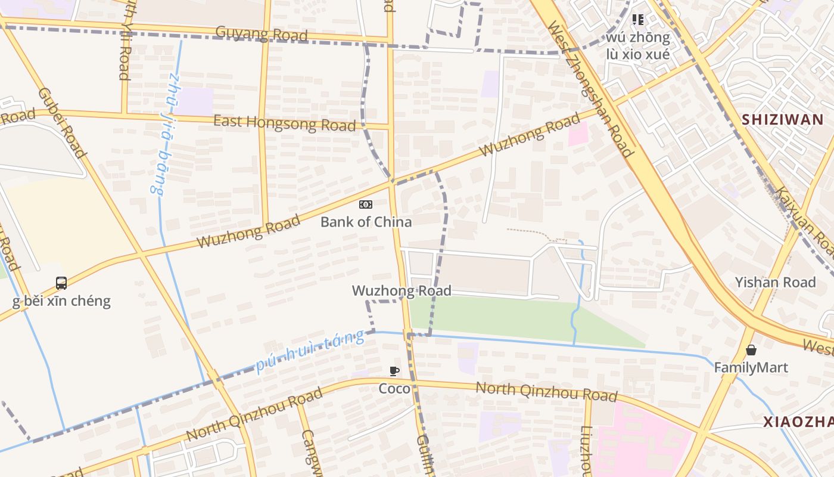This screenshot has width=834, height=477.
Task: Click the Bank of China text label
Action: [x=366, y=222]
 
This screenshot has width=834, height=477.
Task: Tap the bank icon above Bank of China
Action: [x=366, y=205]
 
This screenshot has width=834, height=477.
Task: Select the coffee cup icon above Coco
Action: [x=394, y=371]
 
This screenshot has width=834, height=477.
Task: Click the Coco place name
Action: [x=394, y=389]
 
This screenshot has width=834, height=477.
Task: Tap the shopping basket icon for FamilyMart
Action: [x=751, y=350]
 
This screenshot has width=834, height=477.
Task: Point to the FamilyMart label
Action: [x=751, y=367]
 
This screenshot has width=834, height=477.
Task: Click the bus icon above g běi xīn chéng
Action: [x=61, y=283]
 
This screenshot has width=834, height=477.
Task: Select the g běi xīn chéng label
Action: [x=61, y=301]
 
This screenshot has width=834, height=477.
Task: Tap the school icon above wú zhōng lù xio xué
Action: [x=638, y=20]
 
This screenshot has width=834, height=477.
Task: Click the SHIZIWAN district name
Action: [x=782, y=119]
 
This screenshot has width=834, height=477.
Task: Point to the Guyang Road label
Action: [x=262, y=33]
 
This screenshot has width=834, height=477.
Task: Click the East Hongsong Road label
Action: [x=285, y=122]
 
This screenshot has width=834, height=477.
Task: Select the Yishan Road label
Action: [x=775, y=282]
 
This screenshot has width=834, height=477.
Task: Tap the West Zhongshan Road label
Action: [x=589, y=89]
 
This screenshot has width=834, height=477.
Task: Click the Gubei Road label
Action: [x=61, y=123]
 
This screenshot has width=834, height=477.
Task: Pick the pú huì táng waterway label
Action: [x=310, y=351]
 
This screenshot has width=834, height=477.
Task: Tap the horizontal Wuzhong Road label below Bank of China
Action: [x=402, y=290]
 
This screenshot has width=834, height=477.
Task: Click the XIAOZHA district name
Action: [x=798, y=422]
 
